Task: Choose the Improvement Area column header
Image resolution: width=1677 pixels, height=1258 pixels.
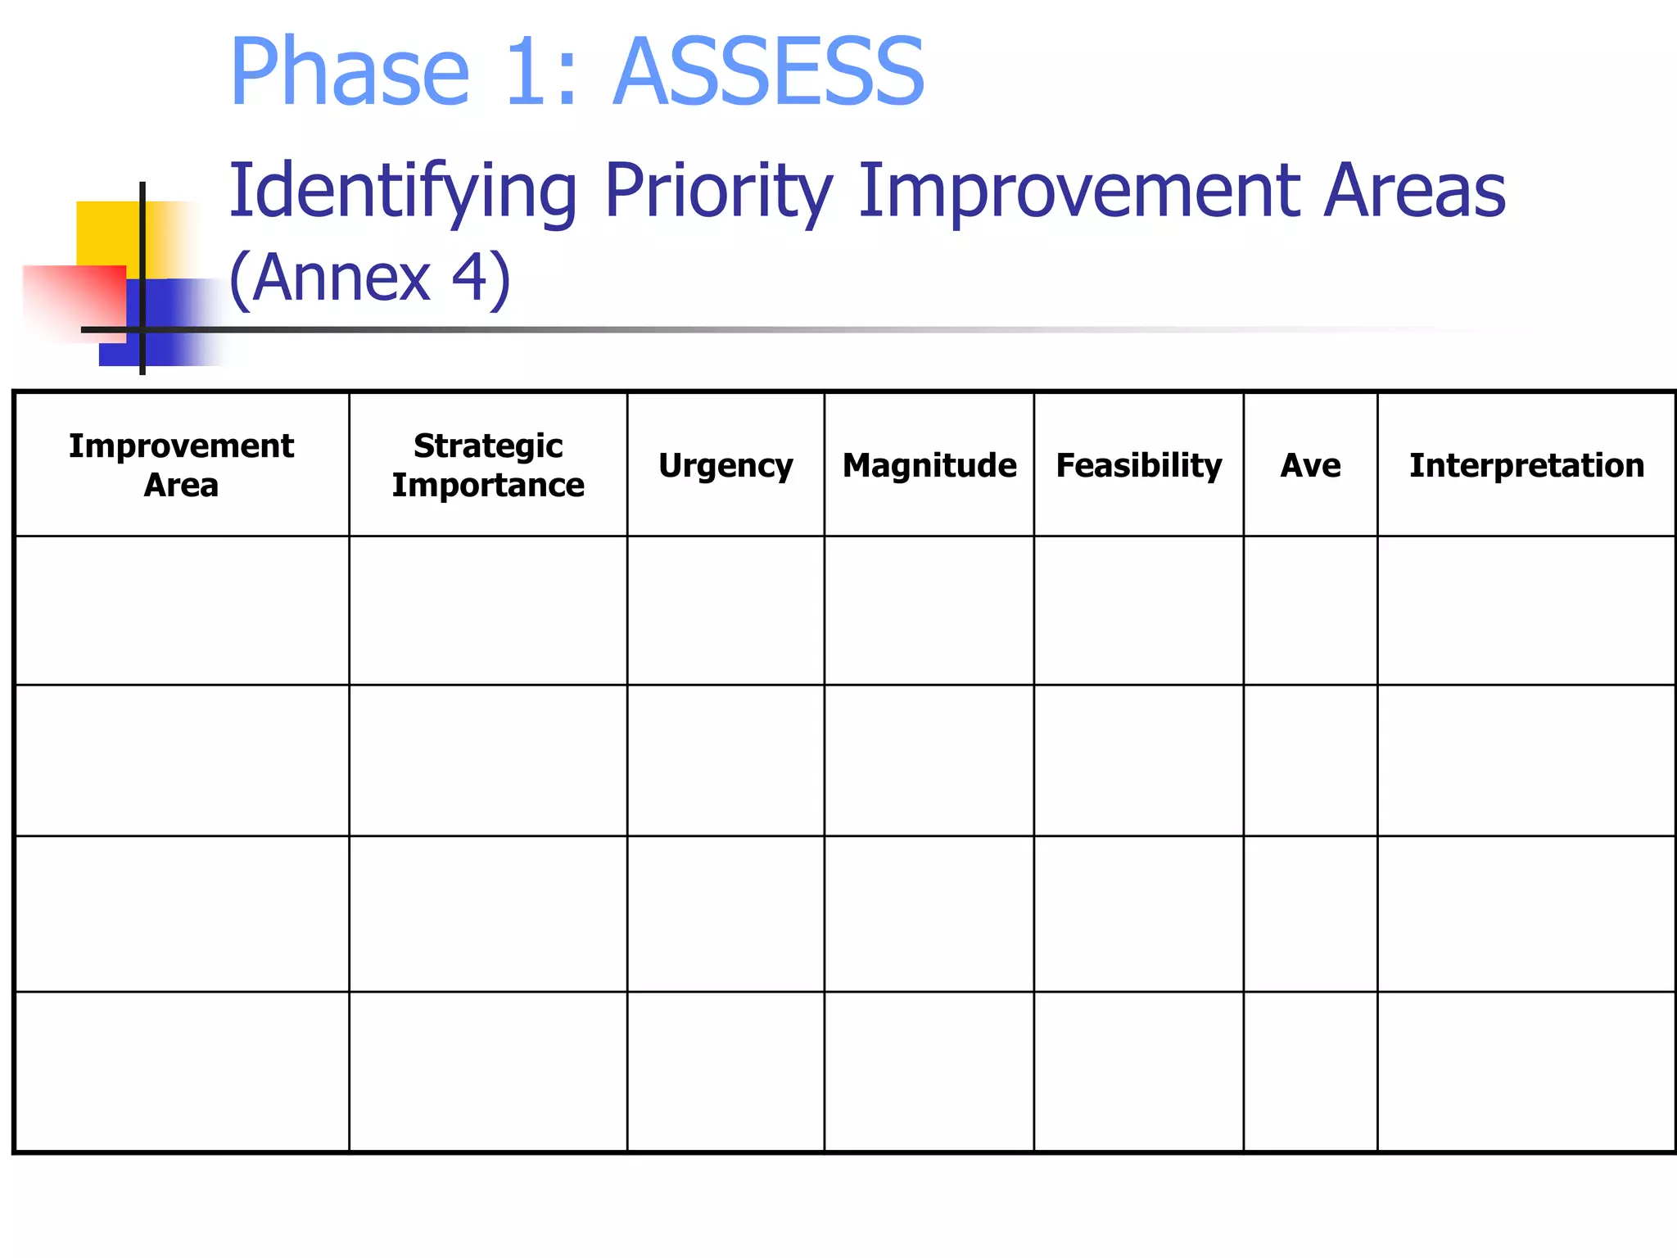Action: pyautogui.click(x=181, y=465)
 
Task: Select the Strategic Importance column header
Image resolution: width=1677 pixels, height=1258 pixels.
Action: pyautogui.click(x=488, y=465)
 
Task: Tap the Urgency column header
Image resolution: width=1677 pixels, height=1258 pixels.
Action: pyautogui.click(x=725, y=465)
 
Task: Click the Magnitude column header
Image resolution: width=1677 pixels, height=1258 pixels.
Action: pyautogui.click(x=929, y=465)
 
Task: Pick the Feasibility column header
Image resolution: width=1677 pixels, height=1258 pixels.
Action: pyautogui.click(x=1139, y=465)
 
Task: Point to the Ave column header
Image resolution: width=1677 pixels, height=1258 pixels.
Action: pyautogui.click(x=1310, y=465)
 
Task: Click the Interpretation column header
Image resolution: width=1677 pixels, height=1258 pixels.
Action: pyautogui.click(x=1526, y=465)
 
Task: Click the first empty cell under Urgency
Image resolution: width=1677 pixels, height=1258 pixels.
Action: pyautogui.click(x=725, y=610)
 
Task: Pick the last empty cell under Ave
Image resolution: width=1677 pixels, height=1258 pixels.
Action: pyautogui.click(x=1310, y=1071)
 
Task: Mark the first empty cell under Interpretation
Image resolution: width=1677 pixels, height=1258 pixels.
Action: pyautogui.click(x=1526, y=610)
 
